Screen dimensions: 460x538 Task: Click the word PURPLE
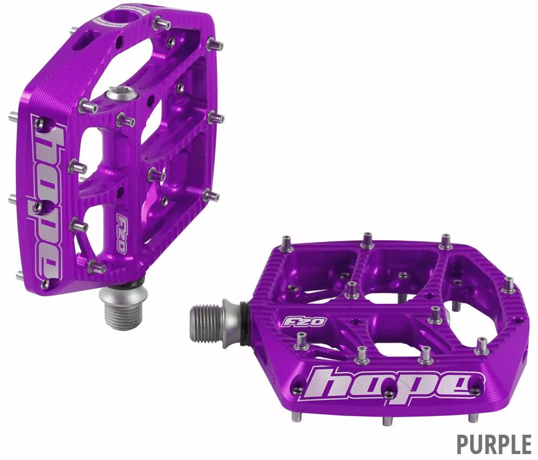click(x=493, y=444)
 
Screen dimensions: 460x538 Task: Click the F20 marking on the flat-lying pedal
click(x=305, y=321)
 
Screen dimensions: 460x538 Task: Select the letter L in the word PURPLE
click(x=509, y=444)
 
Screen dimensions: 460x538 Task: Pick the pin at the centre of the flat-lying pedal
click(x=352, y=289)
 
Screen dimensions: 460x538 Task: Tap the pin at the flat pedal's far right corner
click(x=508, y=284)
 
